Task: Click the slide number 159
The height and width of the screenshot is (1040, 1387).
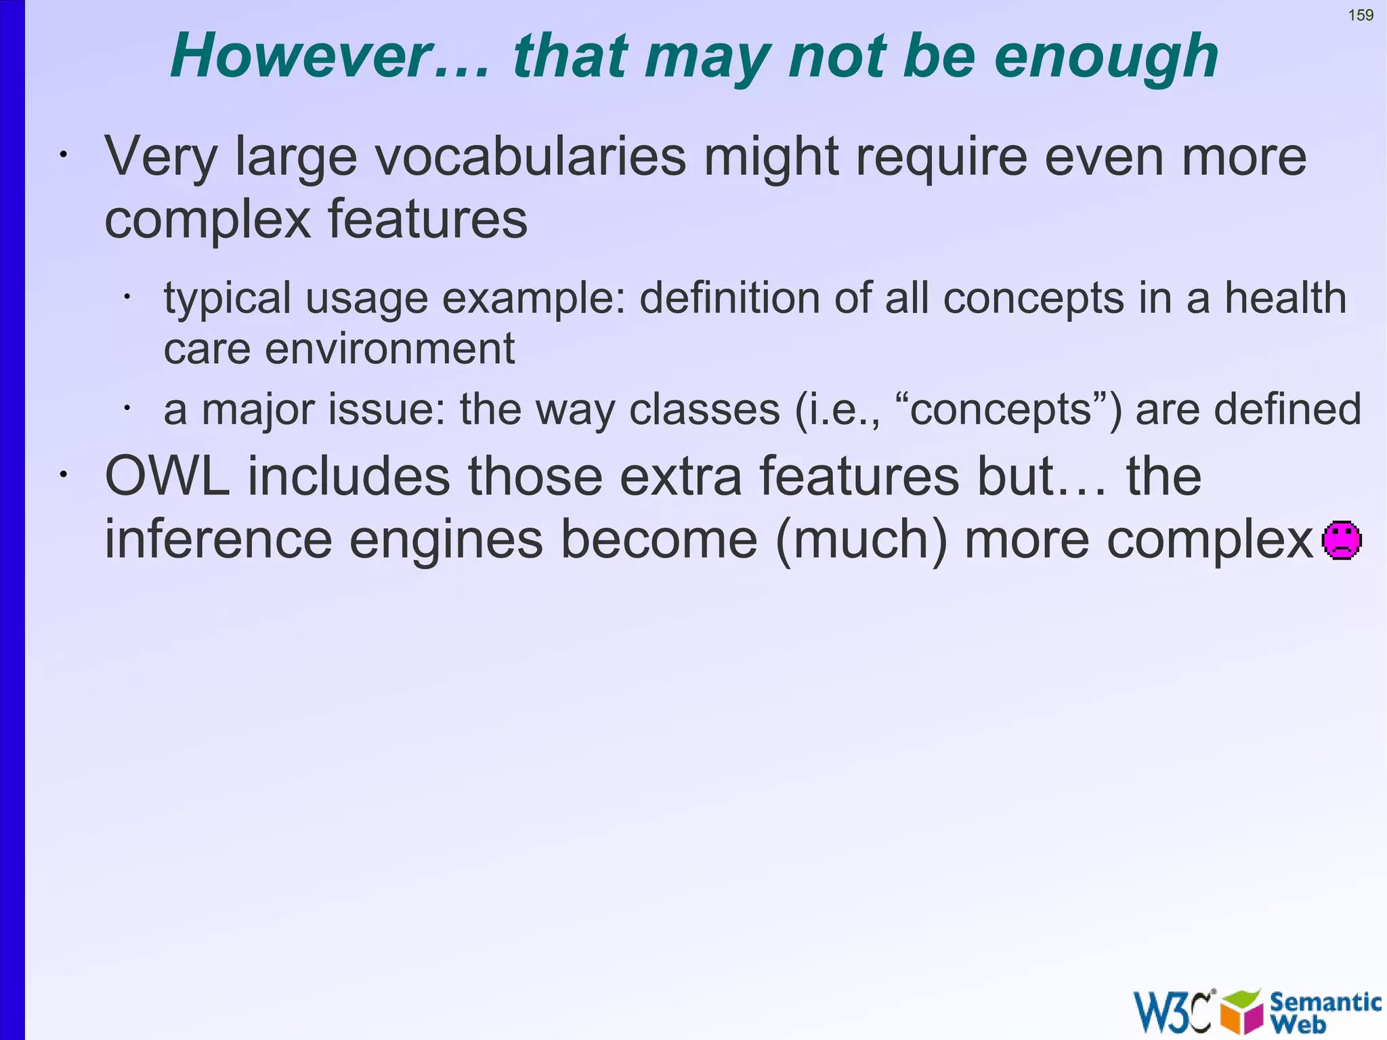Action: [x=1361, y=15]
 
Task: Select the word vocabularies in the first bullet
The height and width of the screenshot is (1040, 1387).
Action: [x=530, y=157]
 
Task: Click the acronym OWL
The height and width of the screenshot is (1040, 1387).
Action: [x=167, y=476]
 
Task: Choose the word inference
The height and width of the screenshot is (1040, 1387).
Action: [x=218, y=540]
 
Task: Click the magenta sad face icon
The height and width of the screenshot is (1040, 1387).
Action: [x=1342, y=540]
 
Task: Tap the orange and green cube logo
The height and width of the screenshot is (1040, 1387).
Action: [x=1241, y=1011]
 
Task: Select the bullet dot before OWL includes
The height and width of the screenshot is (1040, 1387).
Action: [x=63, y=475]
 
